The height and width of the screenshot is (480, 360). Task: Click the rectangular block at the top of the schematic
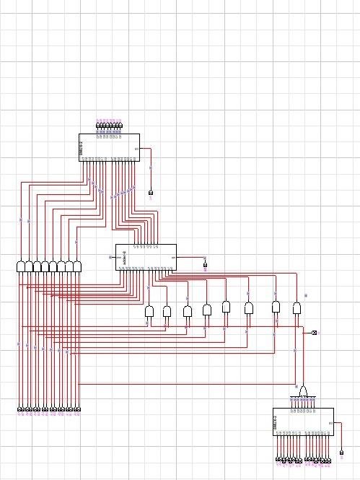click(x=108, y=147)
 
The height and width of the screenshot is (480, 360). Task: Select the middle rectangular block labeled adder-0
click(x=146, y=257)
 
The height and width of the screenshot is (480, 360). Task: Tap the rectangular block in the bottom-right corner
click(x=303, y=422)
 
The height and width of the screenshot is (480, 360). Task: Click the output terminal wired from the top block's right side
click(x=151, y=193)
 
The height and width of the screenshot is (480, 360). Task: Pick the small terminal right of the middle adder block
click(x=205, y=265)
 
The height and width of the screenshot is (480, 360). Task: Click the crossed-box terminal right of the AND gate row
click(x=314, y=333)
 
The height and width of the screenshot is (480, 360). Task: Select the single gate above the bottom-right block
click(x=304, y=392)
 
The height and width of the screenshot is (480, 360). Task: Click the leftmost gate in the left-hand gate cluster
click(x=20, y=266)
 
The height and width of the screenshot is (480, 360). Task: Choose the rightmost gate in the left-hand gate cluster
click(x=77, y=266)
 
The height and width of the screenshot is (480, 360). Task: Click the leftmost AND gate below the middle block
click(x=149, y=312)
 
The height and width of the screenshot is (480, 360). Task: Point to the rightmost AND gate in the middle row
click(x=297, y=307)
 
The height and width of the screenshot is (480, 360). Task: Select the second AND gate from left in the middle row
click(x=167, y=312)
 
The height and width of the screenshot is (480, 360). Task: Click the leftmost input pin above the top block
click(x=99, y=126)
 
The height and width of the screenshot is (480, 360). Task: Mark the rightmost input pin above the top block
click(x=120, y=126)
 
